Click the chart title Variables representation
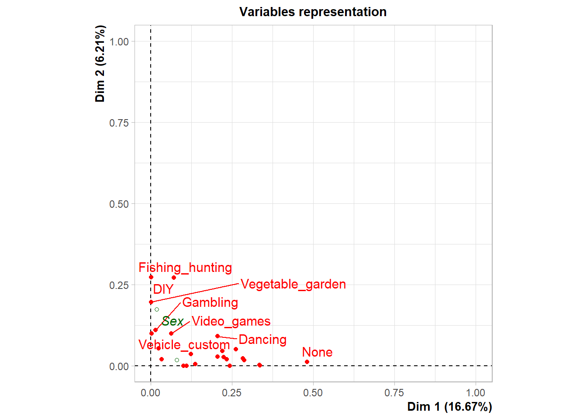[313, 12]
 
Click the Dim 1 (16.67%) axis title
[449, 407]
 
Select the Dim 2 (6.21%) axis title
[100, 64]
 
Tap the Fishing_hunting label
[185, 268]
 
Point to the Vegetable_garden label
[293, 284]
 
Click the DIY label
[163, 289]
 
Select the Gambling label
[210, 302]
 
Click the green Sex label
[173, 321]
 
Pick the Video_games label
[231, 321]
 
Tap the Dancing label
[262, 340]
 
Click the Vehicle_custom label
[184, 345]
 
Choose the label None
[317, 352]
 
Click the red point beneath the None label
[307, 362]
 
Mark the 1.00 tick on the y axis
[119, 42]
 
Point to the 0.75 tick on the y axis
[119, 123]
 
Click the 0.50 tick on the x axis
[313, 393]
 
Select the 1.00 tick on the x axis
[475, 393]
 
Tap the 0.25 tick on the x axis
[231, 393]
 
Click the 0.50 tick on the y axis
[119, 204]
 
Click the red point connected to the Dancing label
[218, 336]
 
